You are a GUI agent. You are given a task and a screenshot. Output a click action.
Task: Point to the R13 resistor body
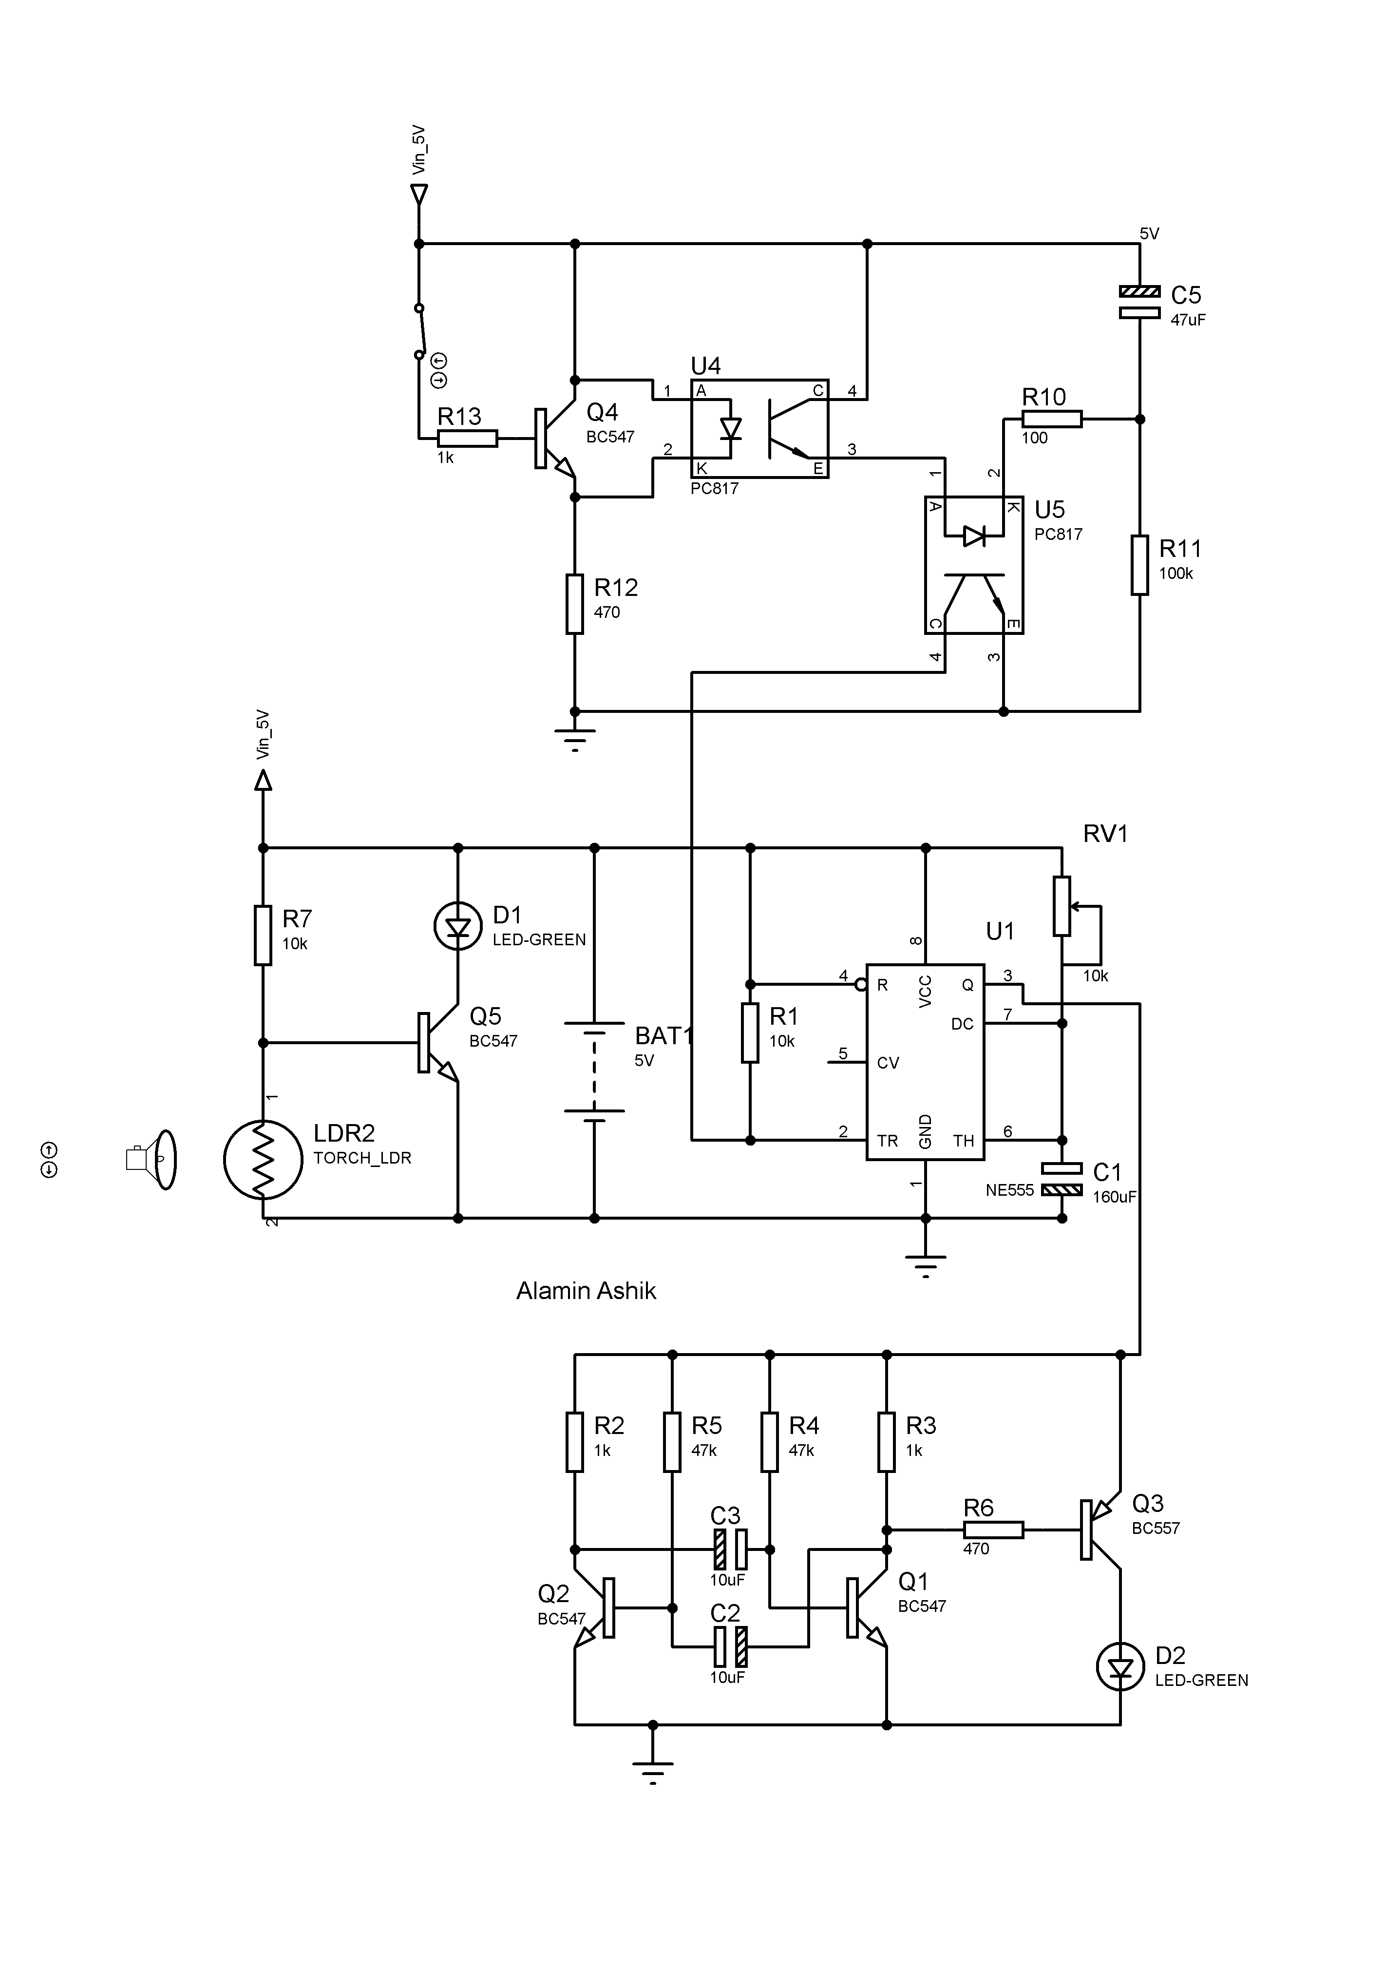(x=467, y=438)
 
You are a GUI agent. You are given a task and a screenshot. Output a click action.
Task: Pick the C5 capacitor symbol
(x=1140, y=302)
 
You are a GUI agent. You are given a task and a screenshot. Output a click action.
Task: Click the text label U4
(x=706, y=366)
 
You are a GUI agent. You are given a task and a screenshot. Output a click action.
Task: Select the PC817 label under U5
(x=1058, y=534)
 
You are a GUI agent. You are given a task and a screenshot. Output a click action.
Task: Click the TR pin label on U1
(x=888, y=1142)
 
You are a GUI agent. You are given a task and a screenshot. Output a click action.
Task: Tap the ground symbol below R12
(x=574, y=738)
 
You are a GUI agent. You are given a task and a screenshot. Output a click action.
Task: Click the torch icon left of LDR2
(x=152, y=1160)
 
